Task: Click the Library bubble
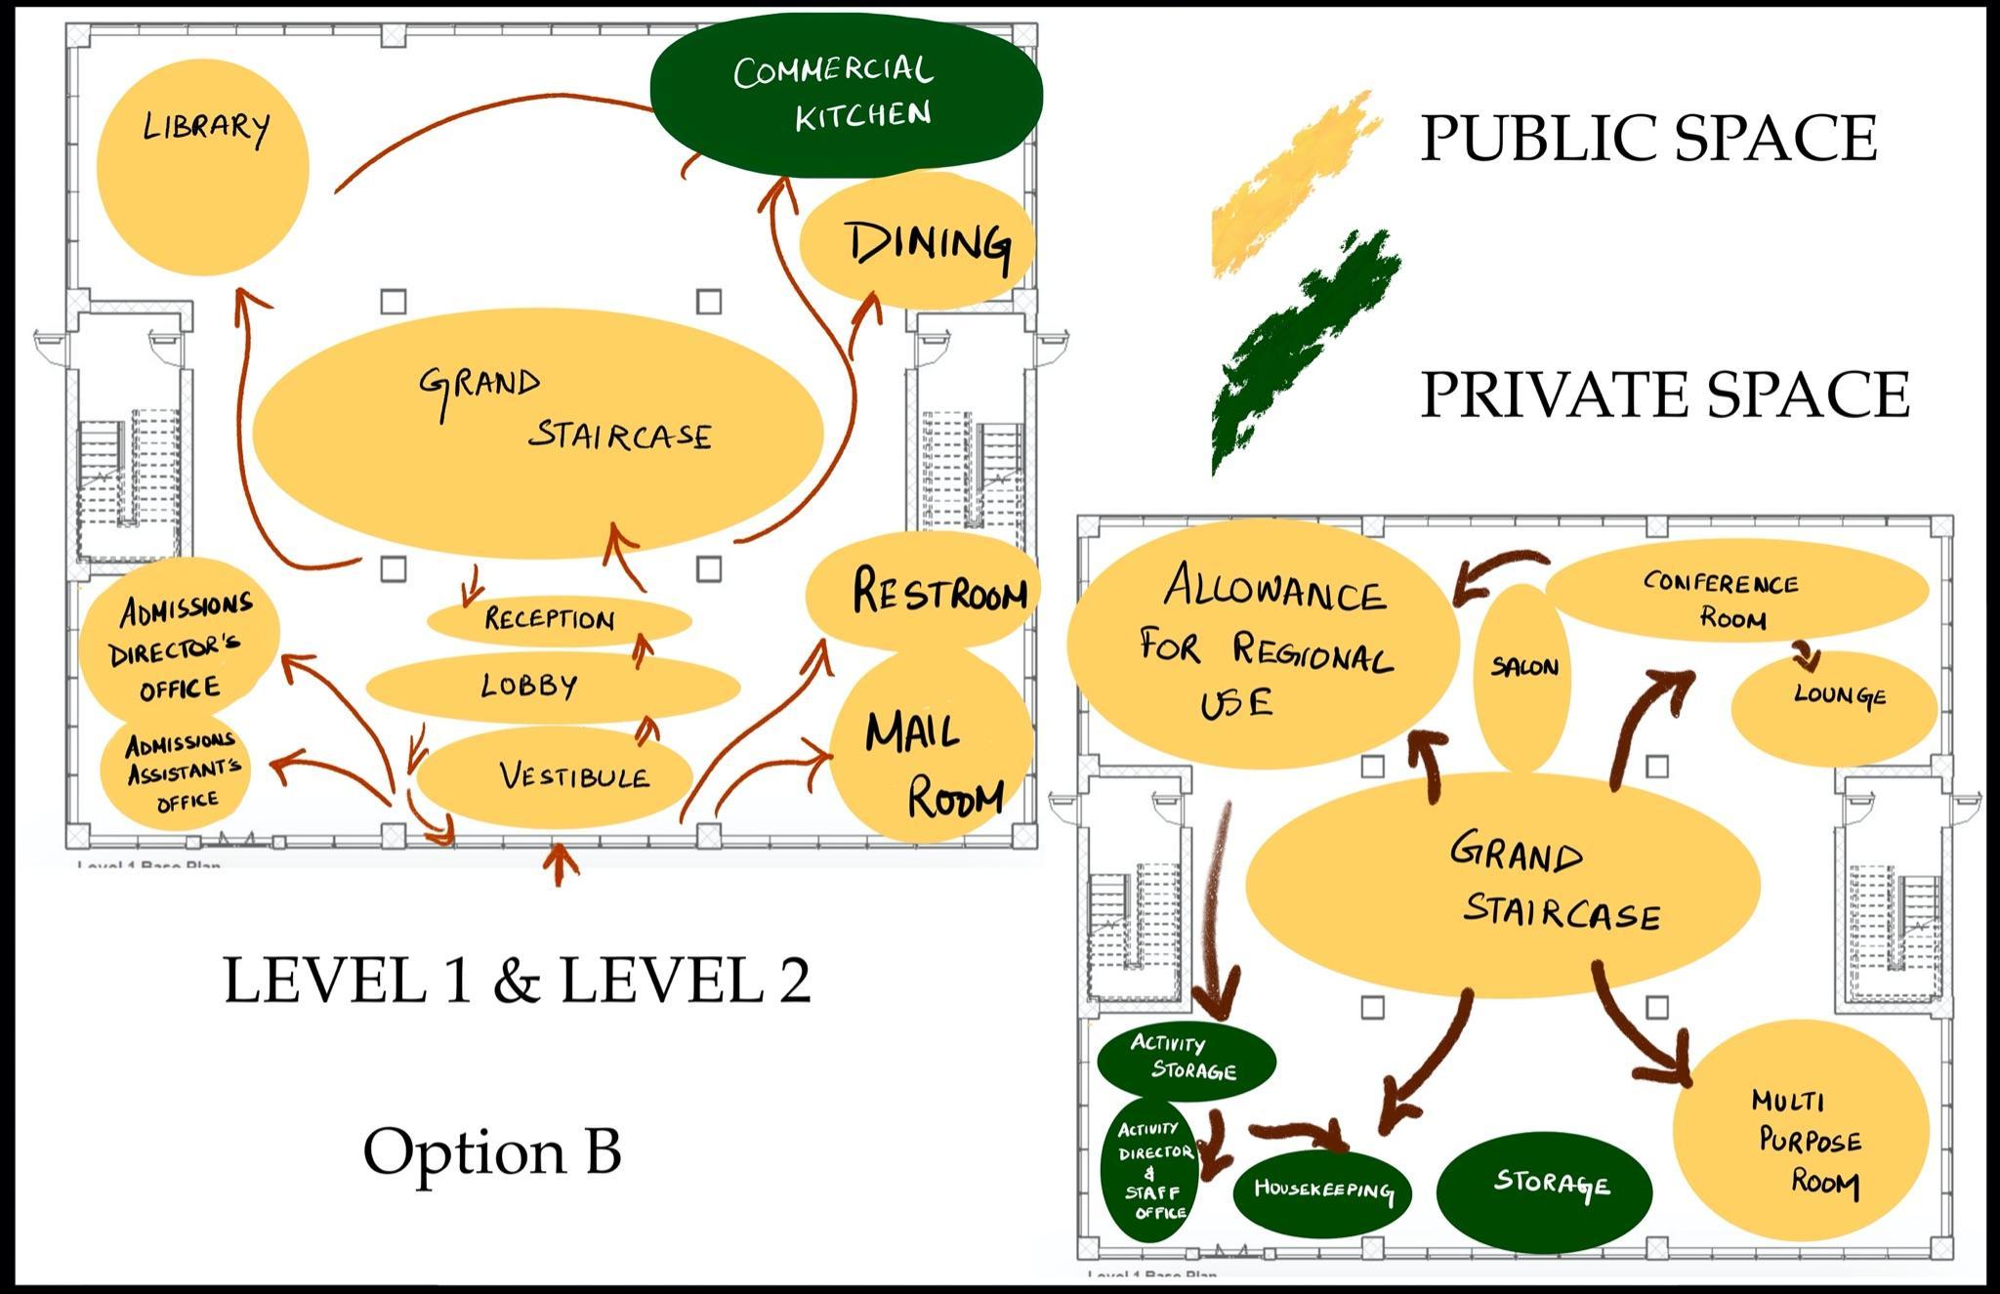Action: click(203, 166)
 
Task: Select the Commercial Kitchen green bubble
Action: click(846, 94)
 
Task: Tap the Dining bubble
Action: click(916, 242)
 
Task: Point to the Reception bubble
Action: click(558, 619)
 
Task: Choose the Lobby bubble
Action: click(552, 686)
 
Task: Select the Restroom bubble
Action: click(923, 592)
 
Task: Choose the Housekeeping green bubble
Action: click(1322, 1190)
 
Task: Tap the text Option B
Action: click(492, 1150)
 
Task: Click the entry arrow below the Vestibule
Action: click(560, 863)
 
